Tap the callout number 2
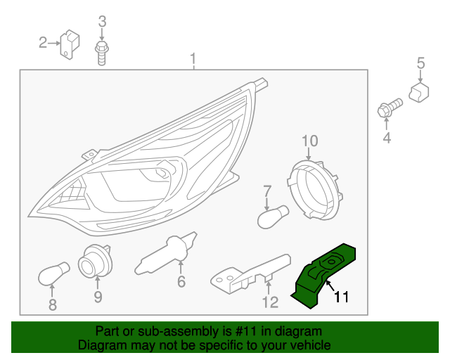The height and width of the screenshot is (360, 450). tap(43, 44)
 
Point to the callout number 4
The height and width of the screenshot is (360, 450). tap(386, 139)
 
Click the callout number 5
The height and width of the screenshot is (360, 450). tap(420, 64)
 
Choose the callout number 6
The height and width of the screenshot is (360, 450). tap(181, 282)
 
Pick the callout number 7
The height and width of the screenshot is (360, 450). tap(267, 190)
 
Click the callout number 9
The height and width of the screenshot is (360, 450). tap(98, 297)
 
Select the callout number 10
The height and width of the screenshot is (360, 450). tap(310, 141)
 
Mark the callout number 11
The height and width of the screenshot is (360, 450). tap(341, 297)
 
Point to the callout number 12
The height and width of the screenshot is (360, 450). tap(270, 303)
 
